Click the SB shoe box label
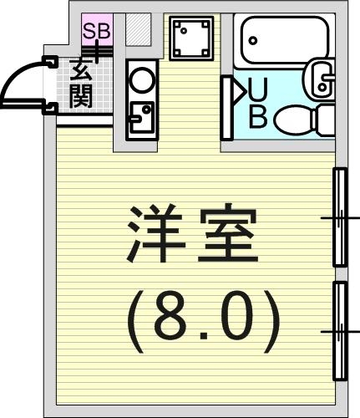coord(97,31)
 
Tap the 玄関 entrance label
coord(81,84)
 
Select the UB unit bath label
coord(257,103)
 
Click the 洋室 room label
coord(193,233)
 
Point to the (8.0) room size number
coord(203,321)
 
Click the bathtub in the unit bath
coord(284,41)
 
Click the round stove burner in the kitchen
coord(143,80)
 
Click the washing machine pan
coord(191,38)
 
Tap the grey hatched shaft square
coord(139,29)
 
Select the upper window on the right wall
coord(340,217)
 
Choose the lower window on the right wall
coord(340,331)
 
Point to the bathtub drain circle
coord(253,41)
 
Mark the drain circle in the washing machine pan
coord(184,31)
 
